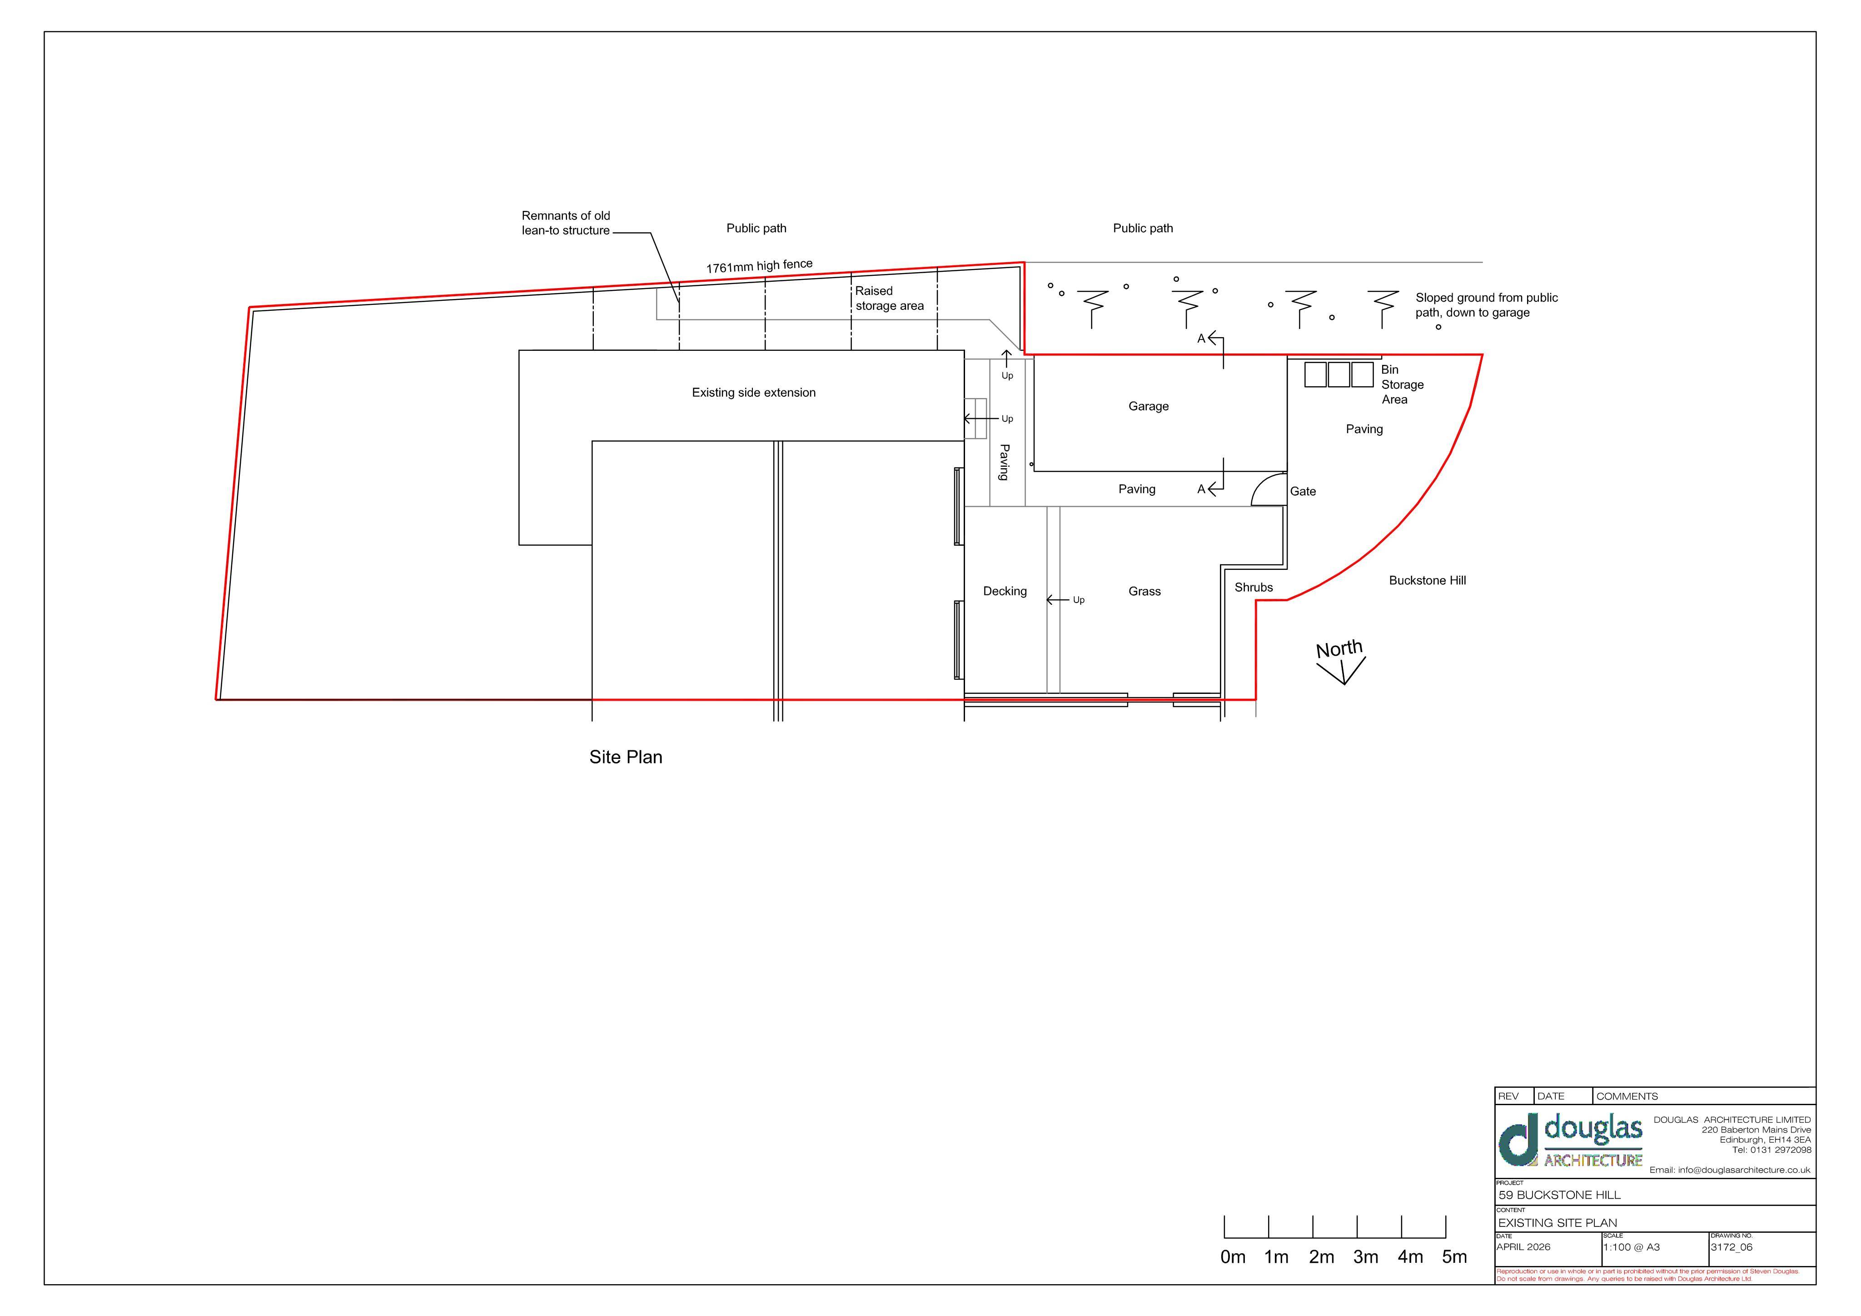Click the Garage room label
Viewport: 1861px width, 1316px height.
[x=1148, y=406]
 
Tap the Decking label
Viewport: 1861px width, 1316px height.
[x=1004, y=591]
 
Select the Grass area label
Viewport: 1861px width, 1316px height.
[x=1144, y=591]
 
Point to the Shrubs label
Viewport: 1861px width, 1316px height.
[x=1253, y=587]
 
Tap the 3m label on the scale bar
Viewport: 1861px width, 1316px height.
[x=1365, y=1257]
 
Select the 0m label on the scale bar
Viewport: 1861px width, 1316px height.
[x=1232, y=1257]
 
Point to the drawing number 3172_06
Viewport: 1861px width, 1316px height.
[x=1732, y=1247]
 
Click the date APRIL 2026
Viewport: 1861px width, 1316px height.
[x=1523, y=1247]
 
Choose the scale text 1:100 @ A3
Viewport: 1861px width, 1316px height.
[x=1631, y=1247]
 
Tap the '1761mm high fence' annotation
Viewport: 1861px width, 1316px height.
[x=759, y=266]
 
